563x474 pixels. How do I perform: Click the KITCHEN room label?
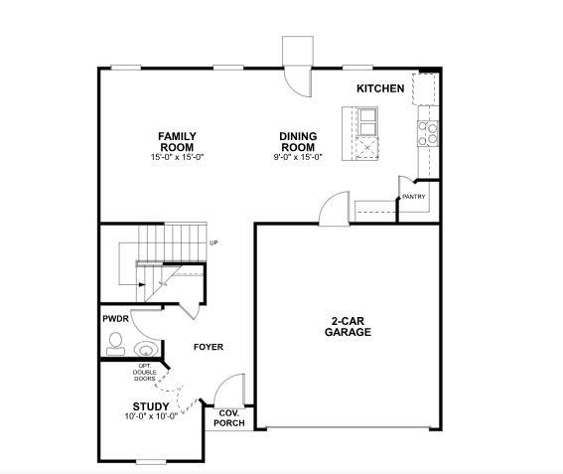[x=380, y=88]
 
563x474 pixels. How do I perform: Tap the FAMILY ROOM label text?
[x=178, y=141]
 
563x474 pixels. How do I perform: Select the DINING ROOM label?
[x=297, y=141]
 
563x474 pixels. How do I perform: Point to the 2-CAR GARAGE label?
[x=348, y=326]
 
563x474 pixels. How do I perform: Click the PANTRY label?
[x=414, y=197]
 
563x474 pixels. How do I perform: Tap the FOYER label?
[x=208, y=347]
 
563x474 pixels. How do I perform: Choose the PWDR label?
[x=115, y=319]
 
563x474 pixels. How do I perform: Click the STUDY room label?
[x=151, y=405]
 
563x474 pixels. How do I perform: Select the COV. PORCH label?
[x=229, y=418]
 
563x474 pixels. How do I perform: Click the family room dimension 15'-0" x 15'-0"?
[x=178, y=157]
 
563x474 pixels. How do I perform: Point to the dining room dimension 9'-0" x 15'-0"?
[x=298, y=157]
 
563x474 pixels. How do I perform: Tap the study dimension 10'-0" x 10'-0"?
[x=151, y=416]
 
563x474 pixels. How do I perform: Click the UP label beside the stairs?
[x=212, y=243]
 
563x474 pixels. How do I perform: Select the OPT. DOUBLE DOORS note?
[x=145, y=372]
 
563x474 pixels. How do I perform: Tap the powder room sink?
[x=146, y=349]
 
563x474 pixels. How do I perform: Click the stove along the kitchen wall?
[x=430, y=134]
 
